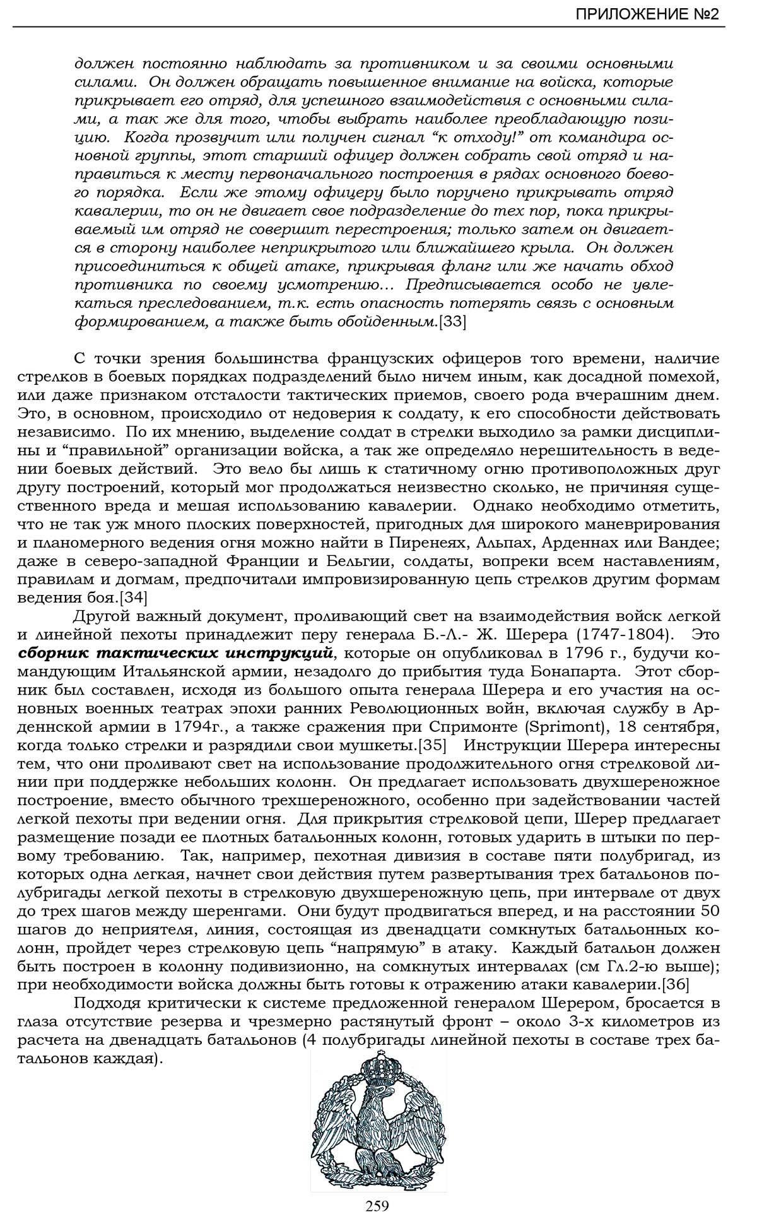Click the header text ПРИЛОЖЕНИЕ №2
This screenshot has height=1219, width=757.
pos(647,15)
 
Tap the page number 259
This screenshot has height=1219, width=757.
pos(377,1205)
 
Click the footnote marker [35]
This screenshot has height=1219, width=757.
pos(432,745)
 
